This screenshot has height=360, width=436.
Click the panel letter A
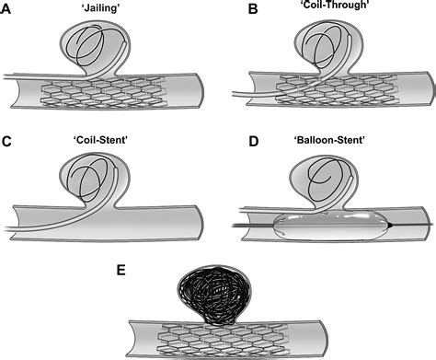[6, 7]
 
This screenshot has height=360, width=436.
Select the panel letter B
[229, 7]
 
